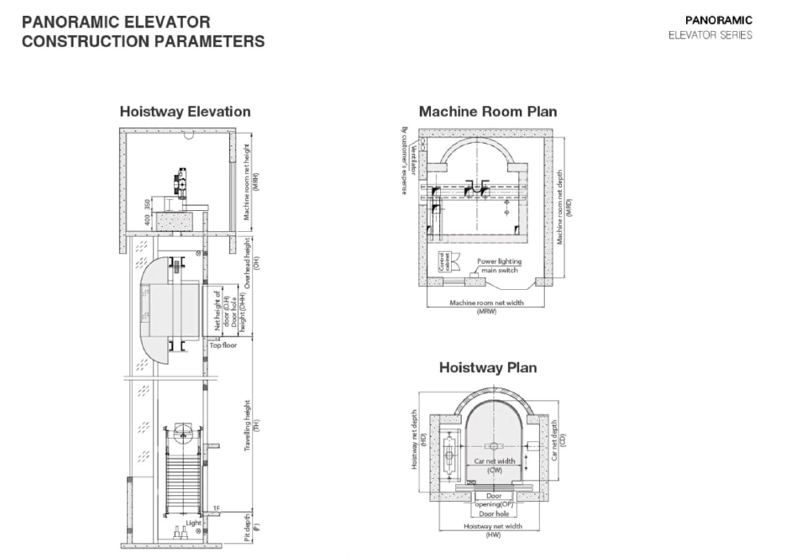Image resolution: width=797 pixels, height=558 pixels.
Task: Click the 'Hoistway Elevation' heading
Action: click(x=185, y=111)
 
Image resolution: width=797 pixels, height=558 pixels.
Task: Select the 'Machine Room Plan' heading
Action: click(x=487, y=111)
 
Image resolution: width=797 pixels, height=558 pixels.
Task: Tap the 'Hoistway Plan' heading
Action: click(x=487, y=367)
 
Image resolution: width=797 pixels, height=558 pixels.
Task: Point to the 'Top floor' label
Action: click(x=223, y=345)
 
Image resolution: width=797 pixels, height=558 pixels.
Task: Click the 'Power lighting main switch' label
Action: click(x=499, y=265)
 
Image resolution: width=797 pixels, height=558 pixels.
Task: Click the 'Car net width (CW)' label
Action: click(x=493, y=465)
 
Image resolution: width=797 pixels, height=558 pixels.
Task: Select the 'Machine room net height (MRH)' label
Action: click(x=251, y=180)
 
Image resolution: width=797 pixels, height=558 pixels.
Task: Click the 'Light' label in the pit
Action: click(x=194, y=522)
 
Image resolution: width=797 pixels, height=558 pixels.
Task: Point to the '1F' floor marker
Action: click(x=216, y=508)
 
